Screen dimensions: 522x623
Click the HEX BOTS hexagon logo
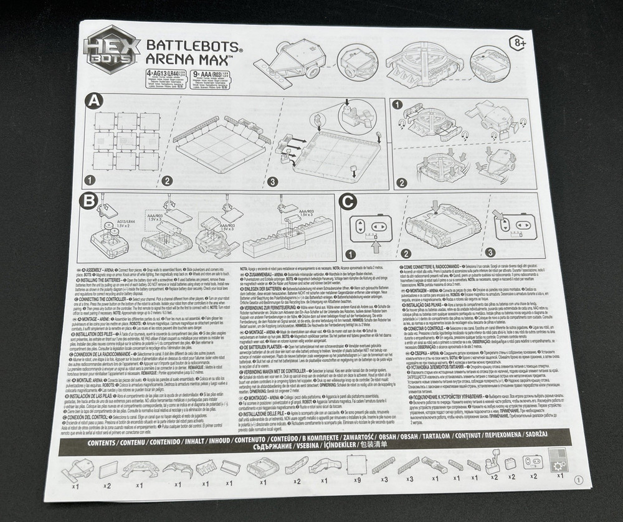click(111, 49)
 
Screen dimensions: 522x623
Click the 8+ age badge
click(518, 44)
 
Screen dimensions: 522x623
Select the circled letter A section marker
click(94, 101)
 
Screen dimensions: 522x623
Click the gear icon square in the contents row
click(558, 461)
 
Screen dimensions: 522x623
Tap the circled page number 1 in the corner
click(579, 480)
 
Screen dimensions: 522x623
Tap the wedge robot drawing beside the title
click(292, 65)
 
